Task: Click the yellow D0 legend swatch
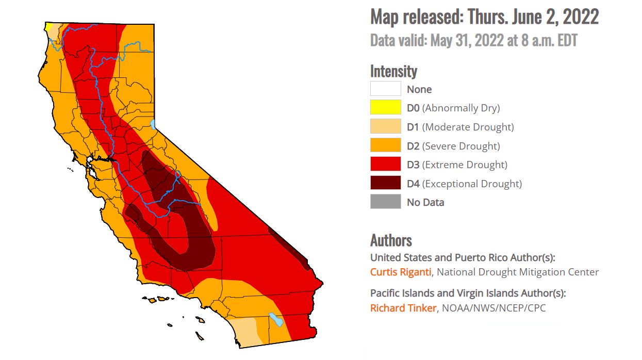(385, 108)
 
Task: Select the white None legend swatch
(385, 89)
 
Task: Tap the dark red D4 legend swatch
(385, 184)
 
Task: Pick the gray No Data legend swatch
(385, 202)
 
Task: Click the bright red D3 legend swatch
(385, 165)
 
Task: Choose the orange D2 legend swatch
(385, 146)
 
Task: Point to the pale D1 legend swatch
(385, 127)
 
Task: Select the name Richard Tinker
(403, 308)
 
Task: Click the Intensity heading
(393, 71)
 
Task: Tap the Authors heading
(391, 240)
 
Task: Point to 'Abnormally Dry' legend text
(461, 108)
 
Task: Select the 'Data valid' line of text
(473, 40)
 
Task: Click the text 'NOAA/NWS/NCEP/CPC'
(493, 308)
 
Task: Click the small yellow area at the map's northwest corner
(48, 27)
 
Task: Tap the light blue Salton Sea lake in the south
(276, 319)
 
